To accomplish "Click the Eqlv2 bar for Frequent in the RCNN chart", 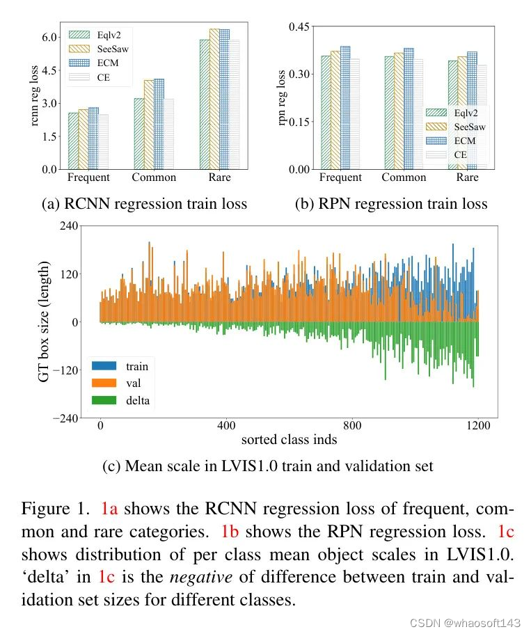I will [73, 141].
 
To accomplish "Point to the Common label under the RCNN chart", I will [154, 177].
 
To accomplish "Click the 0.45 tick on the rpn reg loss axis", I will [298, 26].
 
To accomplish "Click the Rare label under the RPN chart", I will [467, 177].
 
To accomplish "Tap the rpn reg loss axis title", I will [282, 98].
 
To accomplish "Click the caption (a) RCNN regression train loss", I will [145, 204].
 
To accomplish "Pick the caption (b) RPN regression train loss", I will [391, 204].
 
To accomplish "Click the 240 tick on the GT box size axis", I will [68, 226].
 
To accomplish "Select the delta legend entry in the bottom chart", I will [137, 400].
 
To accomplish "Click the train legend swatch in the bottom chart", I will [104, 366].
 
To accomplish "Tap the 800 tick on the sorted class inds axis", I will [353, 425].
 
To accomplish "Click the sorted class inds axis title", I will [288, 440].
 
